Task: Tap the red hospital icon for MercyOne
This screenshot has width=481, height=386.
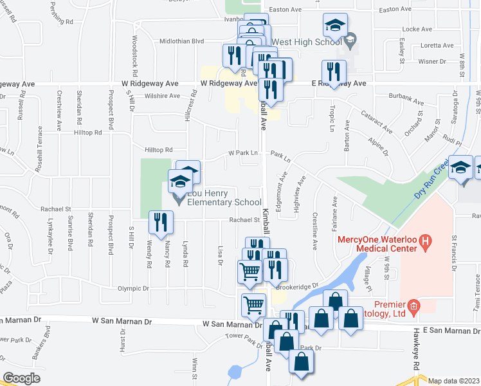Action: tap(424, 243)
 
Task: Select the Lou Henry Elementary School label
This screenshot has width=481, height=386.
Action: tap(221, 202)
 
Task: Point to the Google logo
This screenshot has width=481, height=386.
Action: tap(22, 378)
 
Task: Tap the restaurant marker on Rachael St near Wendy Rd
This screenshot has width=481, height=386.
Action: tap(160, 223)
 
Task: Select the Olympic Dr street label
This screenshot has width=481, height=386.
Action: tap(132, 289)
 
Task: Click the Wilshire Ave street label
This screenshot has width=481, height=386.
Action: tap(162, 96)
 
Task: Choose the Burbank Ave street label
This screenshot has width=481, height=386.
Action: tap(410, 102)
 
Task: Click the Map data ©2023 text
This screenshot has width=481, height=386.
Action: tap(454, 381)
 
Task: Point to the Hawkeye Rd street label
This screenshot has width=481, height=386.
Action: tap(417, 356)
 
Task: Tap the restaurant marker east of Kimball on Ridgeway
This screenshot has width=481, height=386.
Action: tap(333, 71)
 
